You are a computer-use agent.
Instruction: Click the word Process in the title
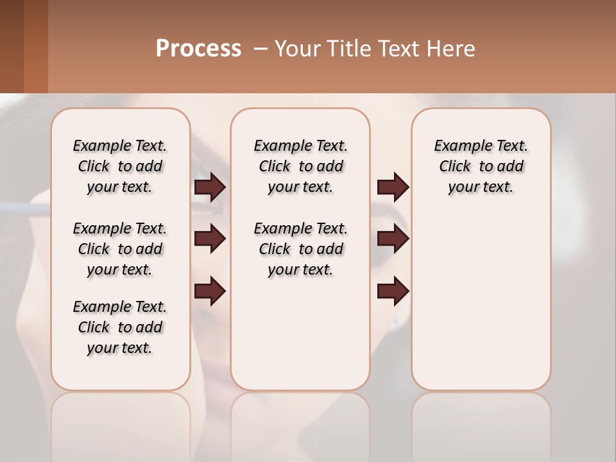point(198,49)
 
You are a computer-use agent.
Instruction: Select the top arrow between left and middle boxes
point(210,187)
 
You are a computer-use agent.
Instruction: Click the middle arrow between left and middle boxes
point(210,239)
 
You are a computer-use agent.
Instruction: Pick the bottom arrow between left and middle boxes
point(210,291)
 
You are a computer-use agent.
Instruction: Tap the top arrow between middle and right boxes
point(393,187)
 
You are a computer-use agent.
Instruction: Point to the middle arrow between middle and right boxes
point(393,239)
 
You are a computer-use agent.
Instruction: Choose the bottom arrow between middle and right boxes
point(393,291)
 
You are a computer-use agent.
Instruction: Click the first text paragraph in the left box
point(120,166)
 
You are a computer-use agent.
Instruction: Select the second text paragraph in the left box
point(120,249)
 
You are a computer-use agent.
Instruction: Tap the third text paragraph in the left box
point(120,327)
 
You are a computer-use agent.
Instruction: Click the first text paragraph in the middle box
point(300,166)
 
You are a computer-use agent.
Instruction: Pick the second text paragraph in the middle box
point(300,249)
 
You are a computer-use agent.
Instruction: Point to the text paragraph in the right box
point(481,166)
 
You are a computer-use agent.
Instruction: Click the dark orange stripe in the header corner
point(35,46)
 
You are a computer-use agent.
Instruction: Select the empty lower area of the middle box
point(300,334)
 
